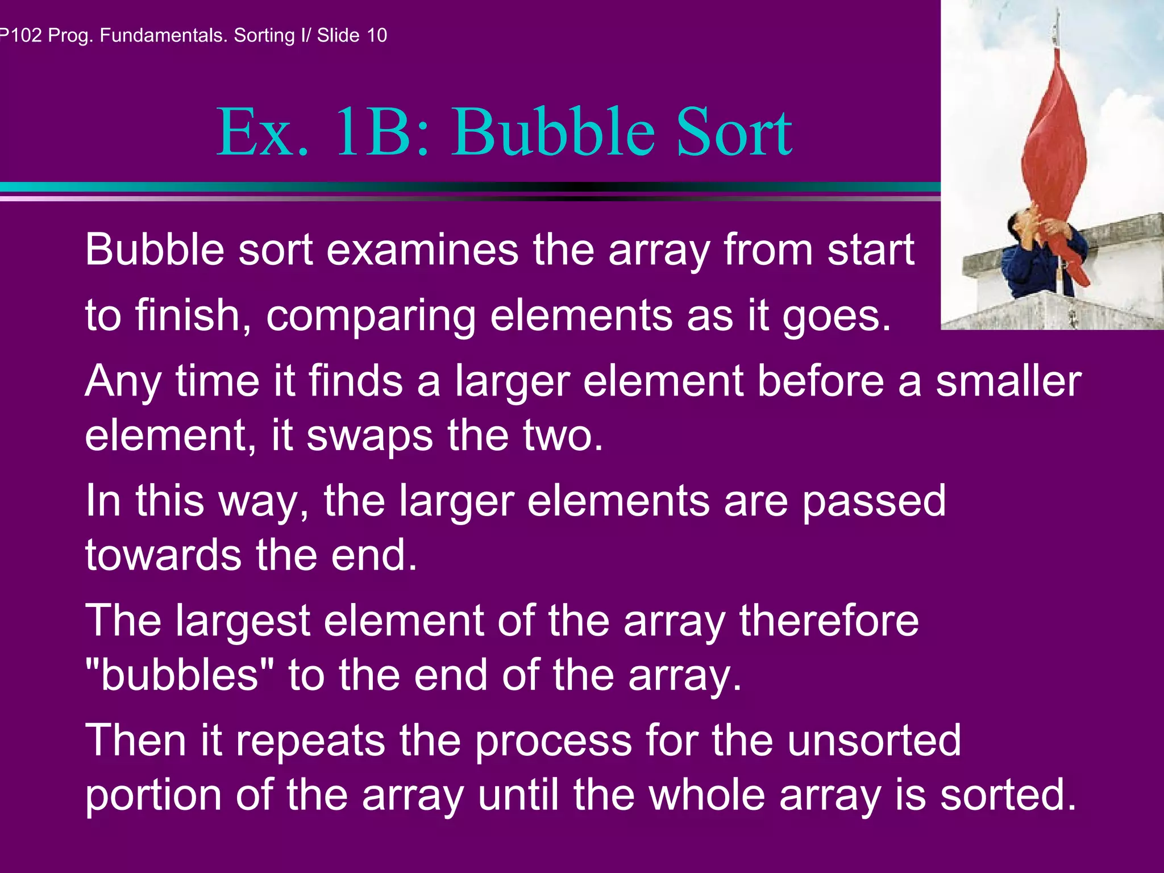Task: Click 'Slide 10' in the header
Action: point(352,35)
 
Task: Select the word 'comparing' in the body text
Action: point(370,316)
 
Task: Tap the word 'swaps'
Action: point(369,436)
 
